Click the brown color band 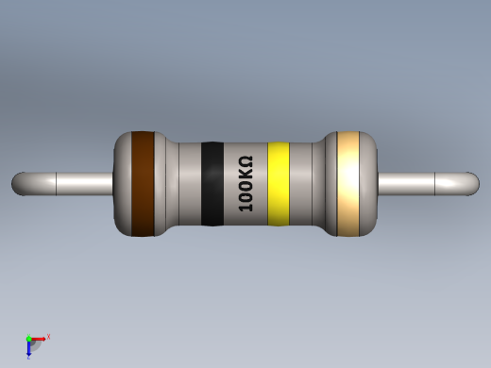[143, 183]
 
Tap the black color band [212, 184]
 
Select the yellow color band [278, 184]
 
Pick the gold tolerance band [348, 183]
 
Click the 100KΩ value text [245, 184]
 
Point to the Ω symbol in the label [245, 162]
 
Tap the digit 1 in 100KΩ [245, 206]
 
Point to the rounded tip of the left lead [19, 183]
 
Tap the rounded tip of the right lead [472, 183]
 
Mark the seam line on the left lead [57, 183]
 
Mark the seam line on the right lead [435, 183]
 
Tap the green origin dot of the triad [29, 339]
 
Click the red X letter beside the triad [48, 336]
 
